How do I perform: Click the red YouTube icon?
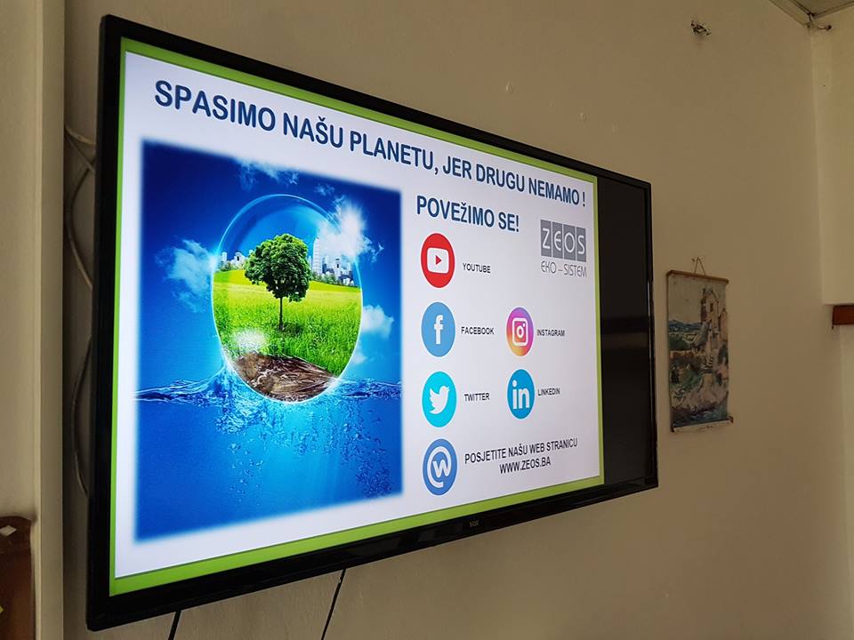coord(438,260)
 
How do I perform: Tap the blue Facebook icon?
coord(438,329)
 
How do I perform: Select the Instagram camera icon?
coord(520,332)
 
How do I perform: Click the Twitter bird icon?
coord(439,399)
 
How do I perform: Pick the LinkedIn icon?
coord(520,394)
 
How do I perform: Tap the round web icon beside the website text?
coord(439,467)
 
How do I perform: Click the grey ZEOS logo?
coord(564,248)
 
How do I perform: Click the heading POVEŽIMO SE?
coord(467,214)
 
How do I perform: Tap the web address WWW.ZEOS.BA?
coord(525,464)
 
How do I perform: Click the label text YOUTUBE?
coord(476,268)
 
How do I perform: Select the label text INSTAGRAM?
coord(551,332)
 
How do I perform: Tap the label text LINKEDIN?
coord(549,392)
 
